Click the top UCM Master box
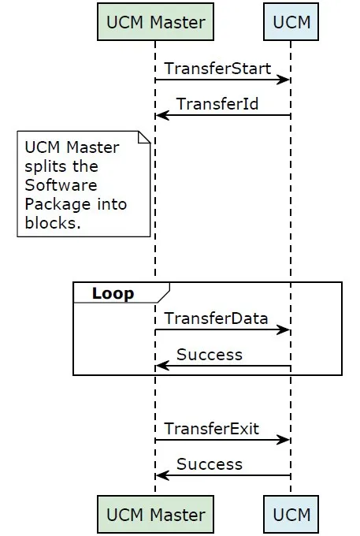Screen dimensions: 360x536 (x=155, y=22)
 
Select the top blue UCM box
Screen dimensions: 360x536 (x=291, y=22)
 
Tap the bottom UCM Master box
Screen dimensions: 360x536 (x=155, y=514)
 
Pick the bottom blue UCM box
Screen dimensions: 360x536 (x=291, y=514)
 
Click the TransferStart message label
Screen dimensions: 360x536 (x=218, y=69)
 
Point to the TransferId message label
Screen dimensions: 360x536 (x=217, y=104)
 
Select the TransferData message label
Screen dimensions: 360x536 (x=216, y=318)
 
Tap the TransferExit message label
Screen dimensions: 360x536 (x=212, y=429)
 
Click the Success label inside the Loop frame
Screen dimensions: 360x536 (x=210, y=355)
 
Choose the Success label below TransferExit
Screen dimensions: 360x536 (x=210, y=464)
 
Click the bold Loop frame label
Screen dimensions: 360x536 (x=113, y=293)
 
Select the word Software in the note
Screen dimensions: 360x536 (x=61, y=185)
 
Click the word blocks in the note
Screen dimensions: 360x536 (x=53, y=223)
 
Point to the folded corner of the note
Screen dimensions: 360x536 (x=144, y=137)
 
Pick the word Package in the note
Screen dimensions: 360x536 (x=58, y=204)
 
